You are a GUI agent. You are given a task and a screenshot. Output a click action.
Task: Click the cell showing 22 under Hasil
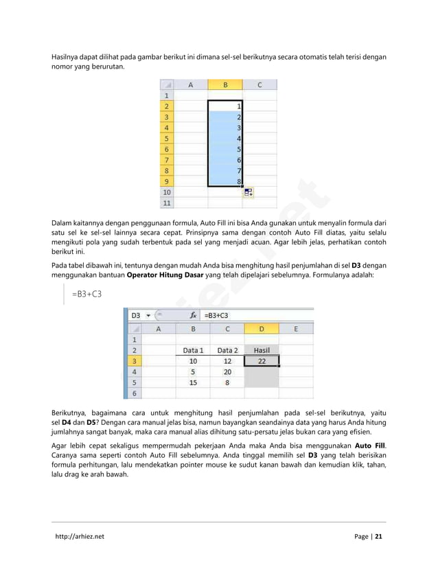click(261, 360)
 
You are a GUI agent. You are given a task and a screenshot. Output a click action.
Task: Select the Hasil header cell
click(261, 349)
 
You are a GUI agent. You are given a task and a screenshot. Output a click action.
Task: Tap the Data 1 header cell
click(193, 349)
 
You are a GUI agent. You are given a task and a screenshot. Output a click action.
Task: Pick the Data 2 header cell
click(227, 349)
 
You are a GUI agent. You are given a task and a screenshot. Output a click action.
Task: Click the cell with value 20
click(227, 371)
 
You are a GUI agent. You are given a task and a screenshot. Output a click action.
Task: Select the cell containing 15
click(193, 382)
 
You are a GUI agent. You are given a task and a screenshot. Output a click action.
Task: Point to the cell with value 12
click(227, 360)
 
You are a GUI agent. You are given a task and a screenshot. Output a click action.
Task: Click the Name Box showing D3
click(137, 315)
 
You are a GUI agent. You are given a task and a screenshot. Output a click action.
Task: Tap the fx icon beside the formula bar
click(193, 315)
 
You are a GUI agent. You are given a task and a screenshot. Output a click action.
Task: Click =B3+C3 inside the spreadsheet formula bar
click(217, 315)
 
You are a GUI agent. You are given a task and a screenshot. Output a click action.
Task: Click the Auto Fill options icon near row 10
click(248, 193)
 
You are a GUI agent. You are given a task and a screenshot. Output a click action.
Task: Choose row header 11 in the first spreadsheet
click(165, 203)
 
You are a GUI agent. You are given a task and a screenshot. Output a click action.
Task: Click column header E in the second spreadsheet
click(296, 328)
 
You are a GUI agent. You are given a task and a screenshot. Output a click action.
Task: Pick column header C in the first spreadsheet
click(260, 85)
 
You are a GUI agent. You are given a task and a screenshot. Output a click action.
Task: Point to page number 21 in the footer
click(378, 537)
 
